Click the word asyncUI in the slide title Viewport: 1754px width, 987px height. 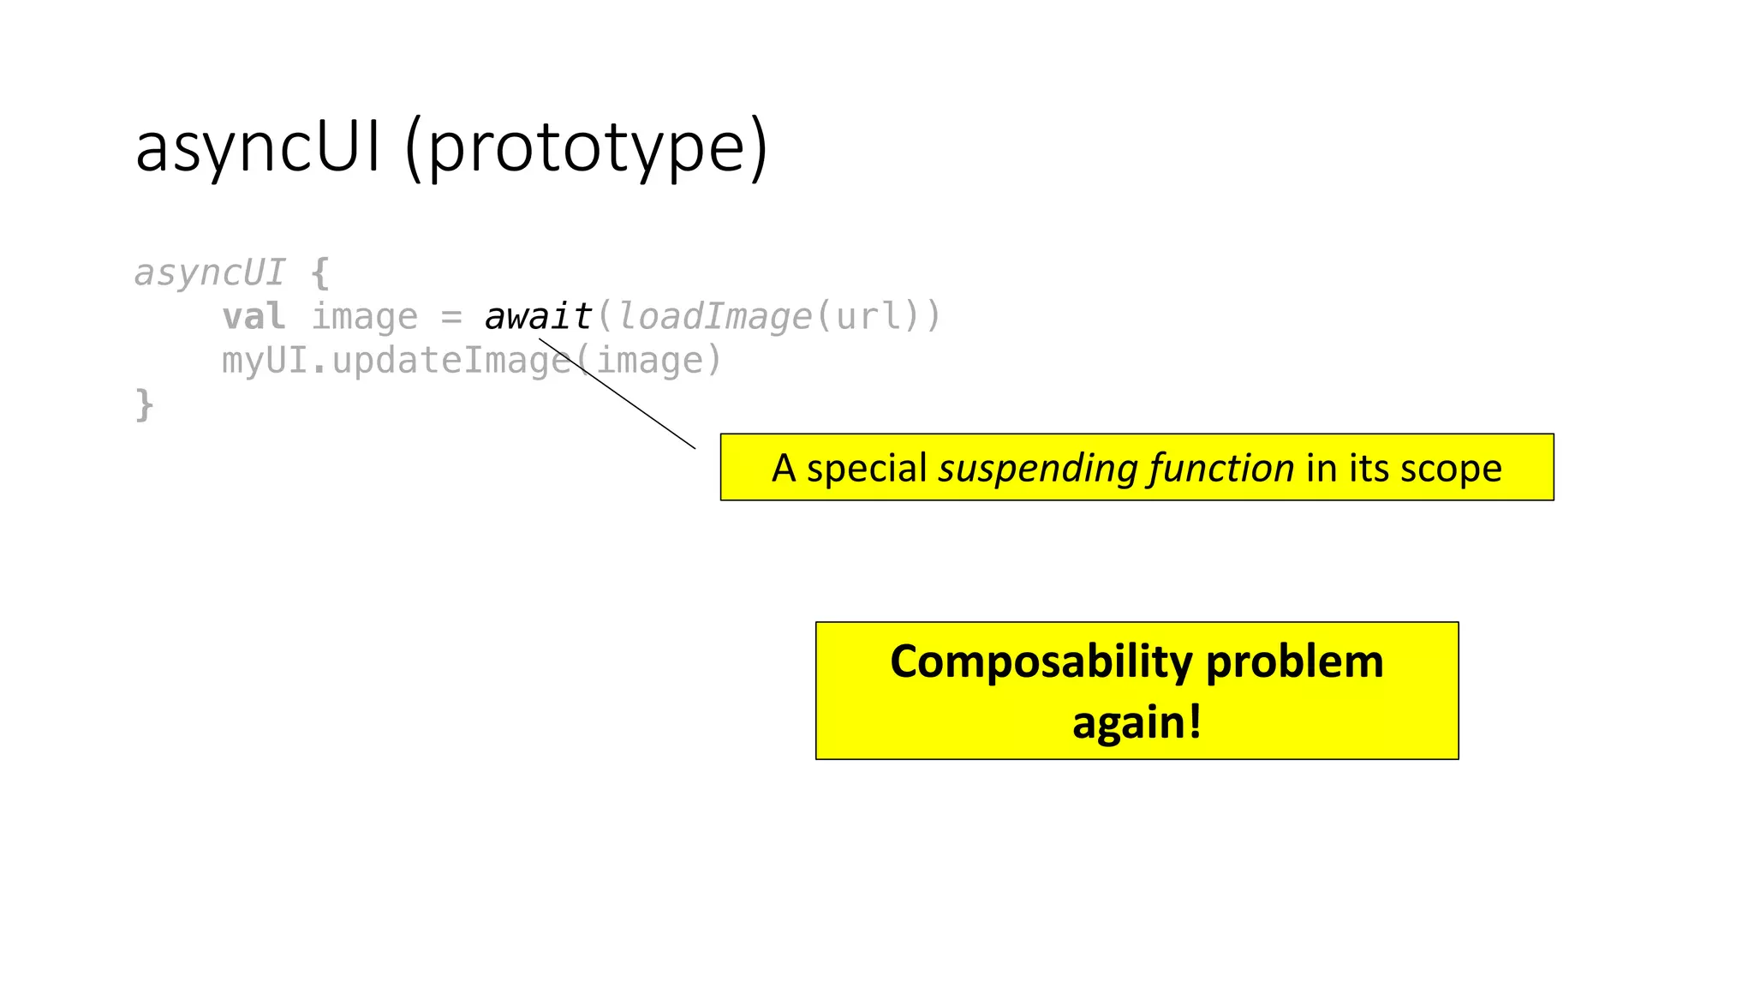(257, 147)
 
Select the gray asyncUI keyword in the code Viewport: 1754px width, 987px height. (210, 272)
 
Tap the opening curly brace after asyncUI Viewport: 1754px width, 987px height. (320, 272)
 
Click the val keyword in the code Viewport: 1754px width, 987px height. (254, 317)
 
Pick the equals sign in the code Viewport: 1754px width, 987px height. (451, 317)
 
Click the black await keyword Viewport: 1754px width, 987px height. (539, 317)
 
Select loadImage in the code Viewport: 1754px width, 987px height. (714, 317)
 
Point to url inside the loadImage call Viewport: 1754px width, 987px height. (869, 317)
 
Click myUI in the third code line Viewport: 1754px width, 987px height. (264, 361)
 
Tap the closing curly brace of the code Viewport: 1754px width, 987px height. (144, 404)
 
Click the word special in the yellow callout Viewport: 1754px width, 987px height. (867, 469)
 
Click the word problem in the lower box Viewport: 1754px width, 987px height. (1294, 662)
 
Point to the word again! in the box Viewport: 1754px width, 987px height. (1137, 722)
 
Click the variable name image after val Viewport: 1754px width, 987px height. (364, 317)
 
